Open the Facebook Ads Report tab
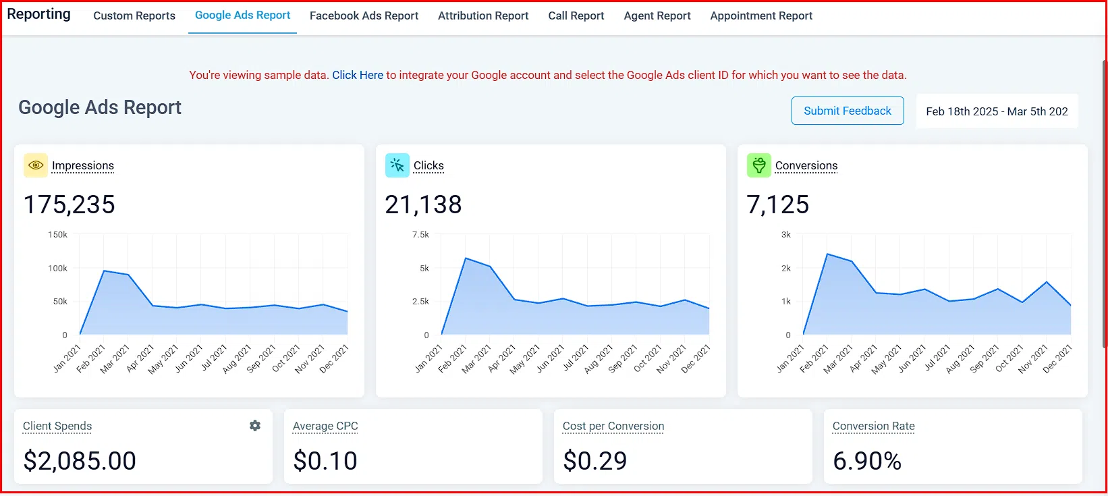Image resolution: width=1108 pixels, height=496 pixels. click(364, 16)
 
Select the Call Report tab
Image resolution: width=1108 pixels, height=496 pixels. click(576, 16)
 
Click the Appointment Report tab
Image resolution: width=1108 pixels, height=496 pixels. click(760, 16)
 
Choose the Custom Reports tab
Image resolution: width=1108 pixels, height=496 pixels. click(134, 16)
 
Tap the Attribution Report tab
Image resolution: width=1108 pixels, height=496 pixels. click(483, 16)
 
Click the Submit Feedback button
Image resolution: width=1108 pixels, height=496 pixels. click(847, 111)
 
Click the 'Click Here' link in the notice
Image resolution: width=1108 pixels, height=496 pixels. click(358, 75)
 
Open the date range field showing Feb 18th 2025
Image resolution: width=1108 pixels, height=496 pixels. click(996, 111)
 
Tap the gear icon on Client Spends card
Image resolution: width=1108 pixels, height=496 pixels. click(255, 426)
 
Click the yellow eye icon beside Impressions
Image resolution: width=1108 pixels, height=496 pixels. click(36, 165)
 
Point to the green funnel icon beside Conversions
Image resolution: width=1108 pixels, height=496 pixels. click(758, 165)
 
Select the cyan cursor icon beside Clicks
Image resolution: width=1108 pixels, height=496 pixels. click(397, 165)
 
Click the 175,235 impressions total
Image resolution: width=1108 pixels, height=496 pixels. click(70, 204)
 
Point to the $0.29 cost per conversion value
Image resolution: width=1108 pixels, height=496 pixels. click(594, 461)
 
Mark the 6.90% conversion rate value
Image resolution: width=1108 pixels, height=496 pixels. click(866, 461)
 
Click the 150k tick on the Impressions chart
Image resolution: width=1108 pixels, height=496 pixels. click(58, 235)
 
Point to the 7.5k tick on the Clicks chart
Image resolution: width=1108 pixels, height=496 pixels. click(420, 235)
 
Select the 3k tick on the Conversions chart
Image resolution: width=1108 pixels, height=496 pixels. click(785, 235)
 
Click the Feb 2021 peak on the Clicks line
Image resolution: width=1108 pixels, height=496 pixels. click(466, 258)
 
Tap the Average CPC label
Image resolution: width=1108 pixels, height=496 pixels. click(325, 426)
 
